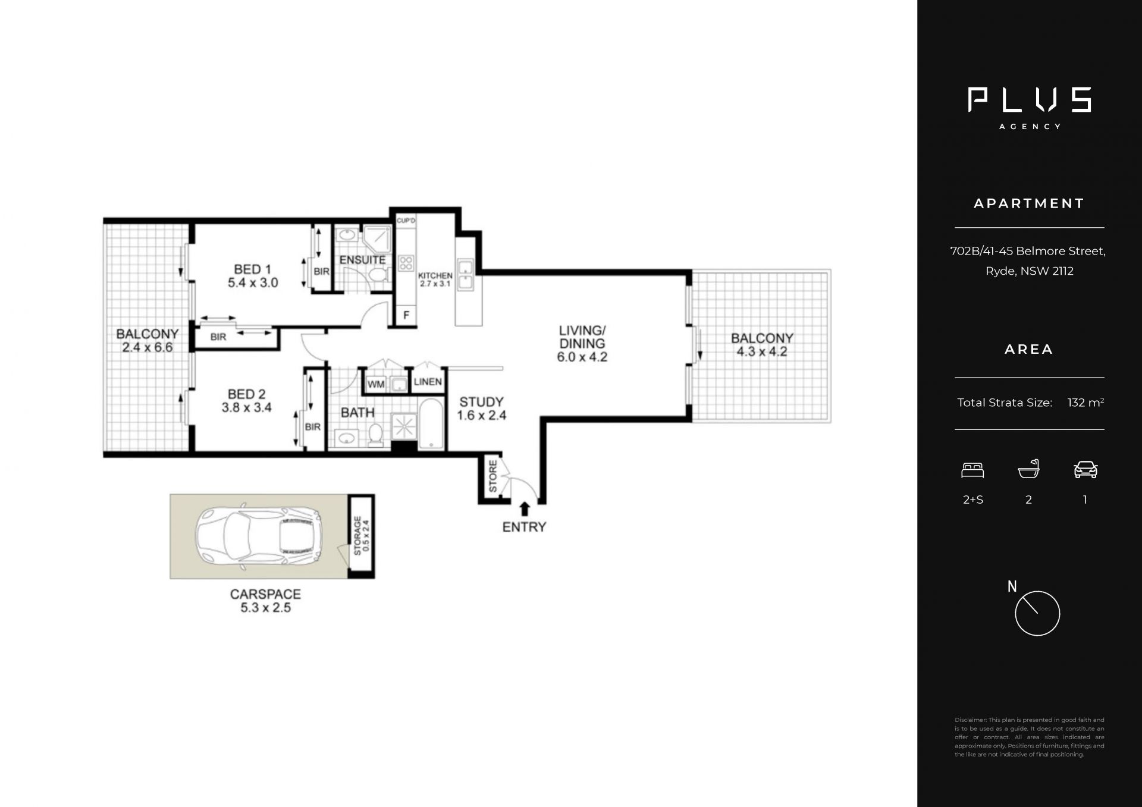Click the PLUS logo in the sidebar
coord(1029,99)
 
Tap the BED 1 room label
coord(253,276)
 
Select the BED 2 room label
coord(247,401)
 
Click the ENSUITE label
coord(362,260)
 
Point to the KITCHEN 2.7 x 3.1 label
coord(435,280)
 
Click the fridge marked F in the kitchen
coord(406,315)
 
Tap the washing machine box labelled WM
coord(376,384)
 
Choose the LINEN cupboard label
coord(428,382)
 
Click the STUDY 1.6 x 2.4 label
coord(481,409)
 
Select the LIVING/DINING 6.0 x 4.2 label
coord(582,343)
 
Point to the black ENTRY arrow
coord(525,509)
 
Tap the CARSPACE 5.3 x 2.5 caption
coord(265,601)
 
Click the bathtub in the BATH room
coord(431,424)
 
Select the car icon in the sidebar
coord(1085,470)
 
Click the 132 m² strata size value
coord(1085,403)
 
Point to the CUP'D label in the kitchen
coord(406,221)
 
